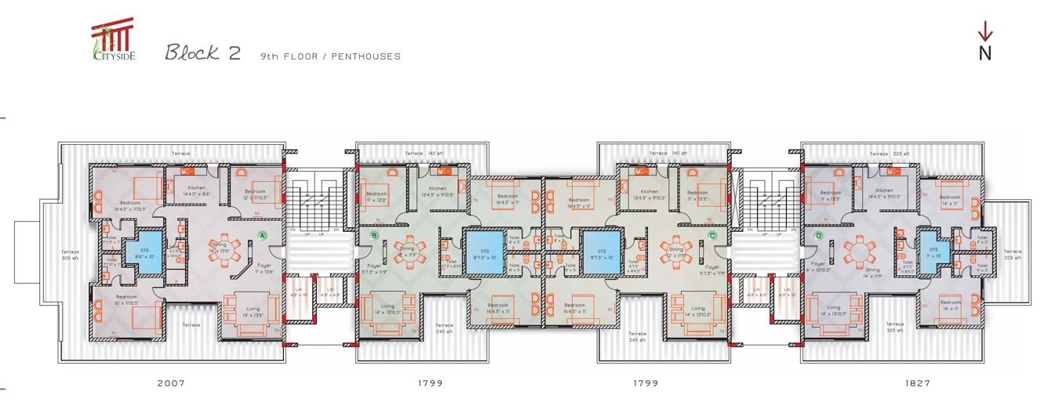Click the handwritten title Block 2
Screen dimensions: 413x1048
tap(202, 53)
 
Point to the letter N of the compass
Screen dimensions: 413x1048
tap(985, 54)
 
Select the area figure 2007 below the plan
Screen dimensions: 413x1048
tap(171, 383)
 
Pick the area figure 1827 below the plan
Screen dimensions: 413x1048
tap(917, 383)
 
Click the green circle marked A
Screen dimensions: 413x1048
tap(263, 234)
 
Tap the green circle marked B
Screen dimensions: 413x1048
tap(374, 235)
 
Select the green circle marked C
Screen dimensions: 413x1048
tap(711, 235)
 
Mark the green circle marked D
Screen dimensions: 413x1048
tap(818, 235)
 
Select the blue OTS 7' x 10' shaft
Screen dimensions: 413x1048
tap(933, 252)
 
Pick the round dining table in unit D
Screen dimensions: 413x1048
tap(860, 252)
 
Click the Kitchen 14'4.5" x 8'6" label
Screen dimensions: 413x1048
tap(195, 190)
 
